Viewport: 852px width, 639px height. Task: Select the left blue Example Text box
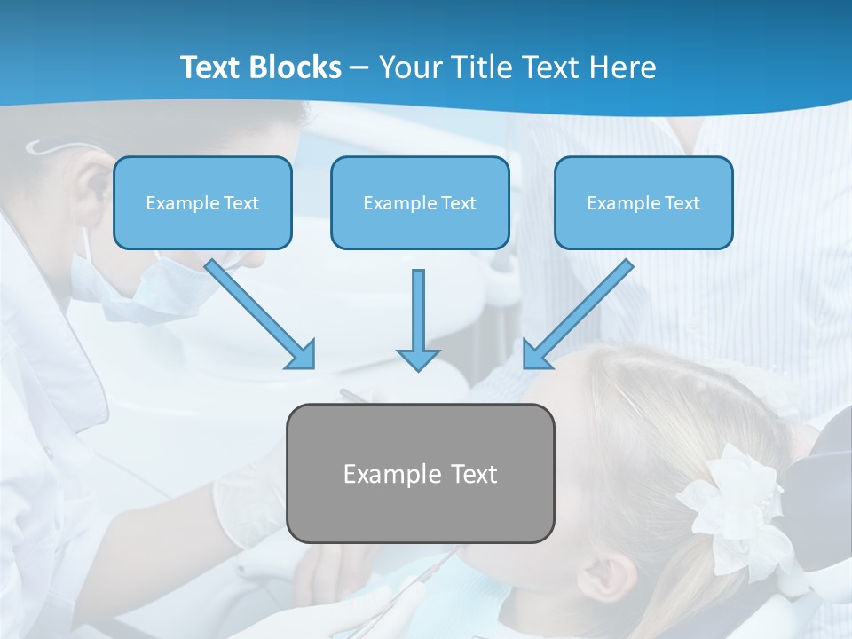pyautogui.click(x=202, y=203)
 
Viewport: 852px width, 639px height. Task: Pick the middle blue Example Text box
pyautogui.click(x=420, y=203)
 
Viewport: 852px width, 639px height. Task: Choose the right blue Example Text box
pyautogui.click(x=643, y=203)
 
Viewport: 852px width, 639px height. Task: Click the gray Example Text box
pyautogui.click(x=420, y=474)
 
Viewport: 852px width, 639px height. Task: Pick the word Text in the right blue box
pyautogui.click(x=682, y=203)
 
